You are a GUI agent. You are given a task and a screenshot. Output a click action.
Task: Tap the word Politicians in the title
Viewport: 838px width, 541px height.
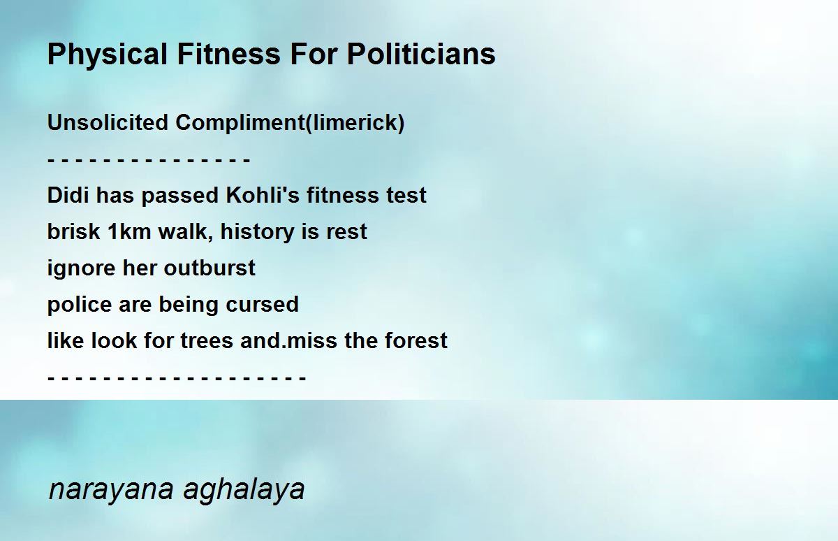[421, 54]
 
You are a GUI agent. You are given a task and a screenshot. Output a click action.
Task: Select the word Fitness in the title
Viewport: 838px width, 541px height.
[228, 54]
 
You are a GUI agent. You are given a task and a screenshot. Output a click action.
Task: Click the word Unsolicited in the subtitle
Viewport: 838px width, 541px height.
[108, 122]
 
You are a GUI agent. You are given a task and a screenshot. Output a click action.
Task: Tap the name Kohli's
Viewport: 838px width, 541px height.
[263, 195]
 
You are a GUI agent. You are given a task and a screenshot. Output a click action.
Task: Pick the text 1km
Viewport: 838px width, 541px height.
[129, 231]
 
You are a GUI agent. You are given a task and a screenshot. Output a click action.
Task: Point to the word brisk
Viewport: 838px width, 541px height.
[74, 231]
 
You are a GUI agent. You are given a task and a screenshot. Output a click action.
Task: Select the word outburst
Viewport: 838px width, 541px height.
[209, 268]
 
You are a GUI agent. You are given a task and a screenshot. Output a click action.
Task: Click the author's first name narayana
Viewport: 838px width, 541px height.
[111, 490]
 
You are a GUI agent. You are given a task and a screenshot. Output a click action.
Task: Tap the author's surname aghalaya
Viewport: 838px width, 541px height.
[244, 490]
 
